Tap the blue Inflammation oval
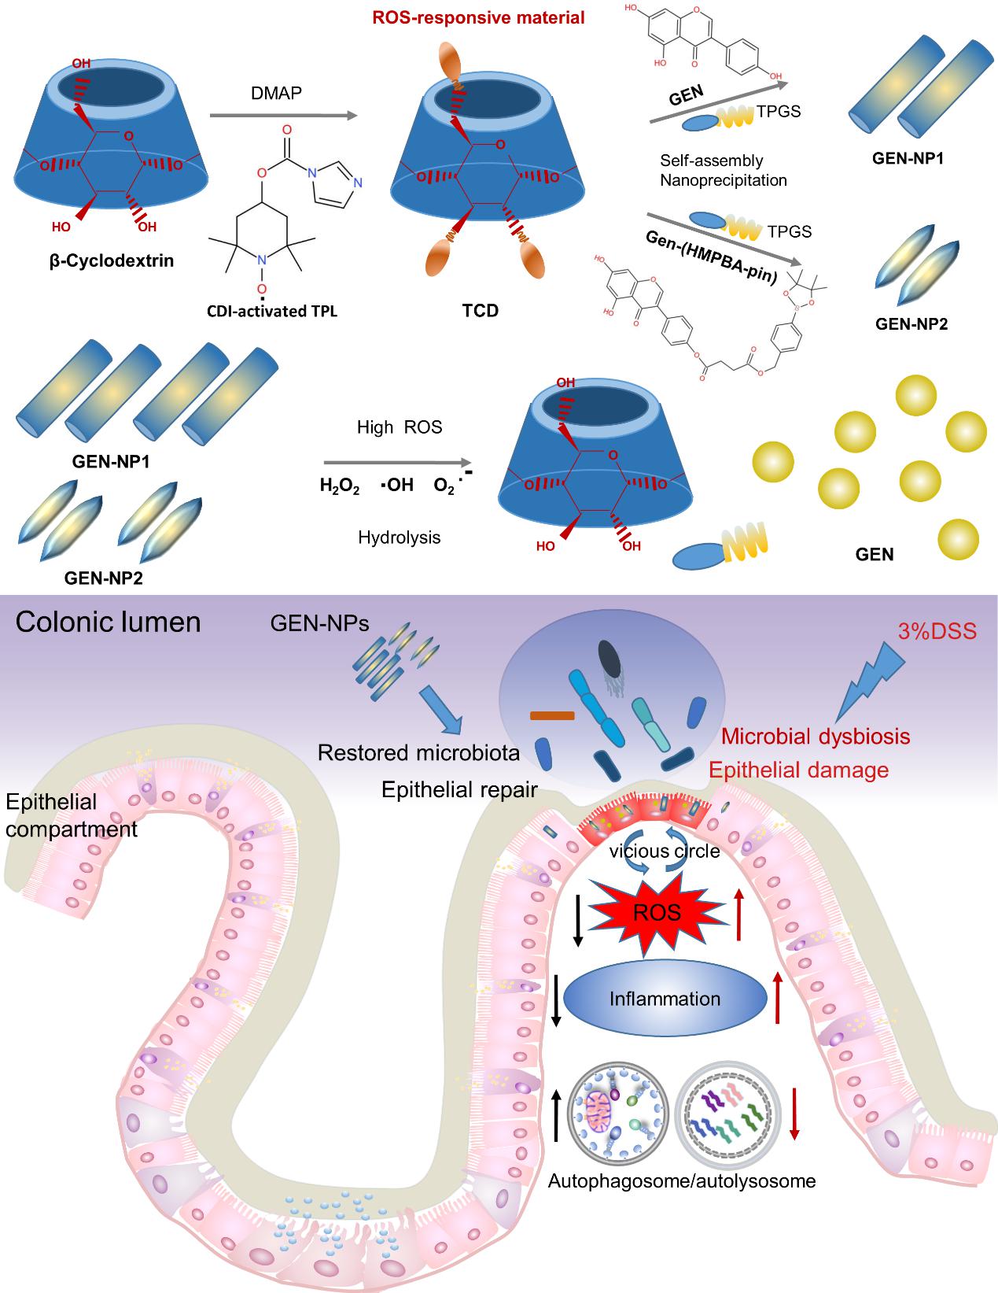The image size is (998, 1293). pyautogui.click(x=665, y=999)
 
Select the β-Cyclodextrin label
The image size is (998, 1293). pyautogui.click(x=106, y=259)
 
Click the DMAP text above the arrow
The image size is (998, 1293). pyautogui.click(x=280, y=94)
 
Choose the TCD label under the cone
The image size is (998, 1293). pyautogui.click(x=481, y=310)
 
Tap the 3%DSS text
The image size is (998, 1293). pyautogui.click(x=937, y=630)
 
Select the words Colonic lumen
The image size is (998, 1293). pyautogui.click(x=109, y=622)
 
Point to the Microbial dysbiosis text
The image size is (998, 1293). pyautogui.click(x=816, y=737)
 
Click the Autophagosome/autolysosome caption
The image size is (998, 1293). pyautogui.click(x=681, y=1181)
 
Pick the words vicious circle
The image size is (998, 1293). pyautogui.click(x=665, y=851)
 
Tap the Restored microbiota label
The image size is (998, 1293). pyautogui.click(x=418, y=753)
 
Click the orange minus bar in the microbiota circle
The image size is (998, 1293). pyautogui.click(x=553, y=715)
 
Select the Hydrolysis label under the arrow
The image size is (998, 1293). pyautogui.click(x=399, y=538)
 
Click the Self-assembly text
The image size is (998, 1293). pyautogui.click(x=712, y=161)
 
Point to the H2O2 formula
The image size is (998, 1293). pyautogui.click(x=340, y=486)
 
